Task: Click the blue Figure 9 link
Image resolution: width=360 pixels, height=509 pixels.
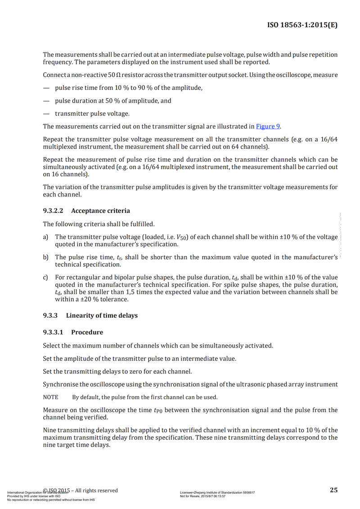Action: (268, 126)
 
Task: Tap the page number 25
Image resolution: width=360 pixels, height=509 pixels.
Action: (333, 490)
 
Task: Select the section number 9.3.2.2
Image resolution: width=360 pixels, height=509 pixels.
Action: (53, 211)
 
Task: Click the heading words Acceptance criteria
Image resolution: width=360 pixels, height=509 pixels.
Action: (100, 211)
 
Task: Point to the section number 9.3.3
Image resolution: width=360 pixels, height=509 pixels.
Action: (50, 315)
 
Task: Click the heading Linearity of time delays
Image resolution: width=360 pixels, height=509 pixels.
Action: (102, 315)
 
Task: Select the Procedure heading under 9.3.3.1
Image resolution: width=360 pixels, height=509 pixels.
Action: (87, 332)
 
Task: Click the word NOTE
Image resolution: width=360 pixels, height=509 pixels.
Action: (50, 397)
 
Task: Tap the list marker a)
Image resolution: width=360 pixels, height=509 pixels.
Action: (45, 237)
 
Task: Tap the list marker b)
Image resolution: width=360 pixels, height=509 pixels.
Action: (45, 257)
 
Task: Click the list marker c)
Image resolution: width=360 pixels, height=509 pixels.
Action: (45, 278)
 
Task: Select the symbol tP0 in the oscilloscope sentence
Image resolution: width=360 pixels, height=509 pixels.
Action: (158, 410)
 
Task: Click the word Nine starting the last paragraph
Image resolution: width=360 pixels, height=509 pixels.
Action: (49, 430)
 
